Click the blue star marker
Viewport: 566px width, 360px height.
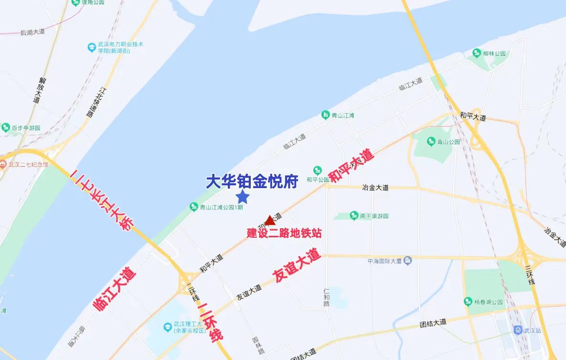(x=243, y=196)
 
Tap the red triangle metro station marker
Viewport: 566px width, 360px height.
(x=270, y=220)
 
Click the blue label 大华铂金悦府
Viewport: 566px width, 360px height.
(x=252, y=181)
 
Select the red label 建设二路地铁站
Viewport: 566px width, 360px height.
(x=284, y=233)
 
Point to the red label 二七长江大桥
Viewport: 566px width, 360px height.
(x=101, y=201)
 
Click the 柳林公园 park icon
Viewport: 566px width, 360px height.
(x=476, y=53)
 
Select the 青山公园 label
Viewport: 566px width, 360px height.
(x=449, y=142)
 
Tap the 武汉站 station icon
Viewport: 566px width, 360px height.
(x=518, y=330)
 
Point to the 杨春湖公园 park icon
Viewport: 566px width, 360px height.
(x=468, y=302)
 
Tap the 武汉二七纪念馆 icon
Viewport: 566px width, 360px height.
(x=3, y=165)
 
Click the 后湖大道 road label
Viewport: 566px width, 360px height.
(x=33, y=32)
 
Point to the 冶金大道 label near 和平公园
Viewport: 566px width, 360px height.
(x=375, y=187)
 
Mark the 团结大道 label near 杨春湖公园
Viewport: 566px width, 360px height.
(x=433, y=323)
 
